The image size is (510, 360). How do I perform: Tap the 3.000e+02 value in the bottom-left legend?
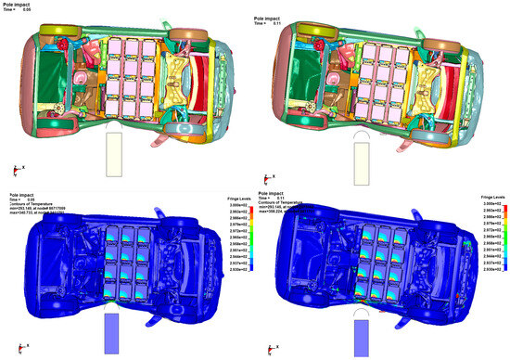coord(240,201)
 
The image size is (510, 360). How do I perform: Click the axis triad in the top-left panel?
coord(14,169)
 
